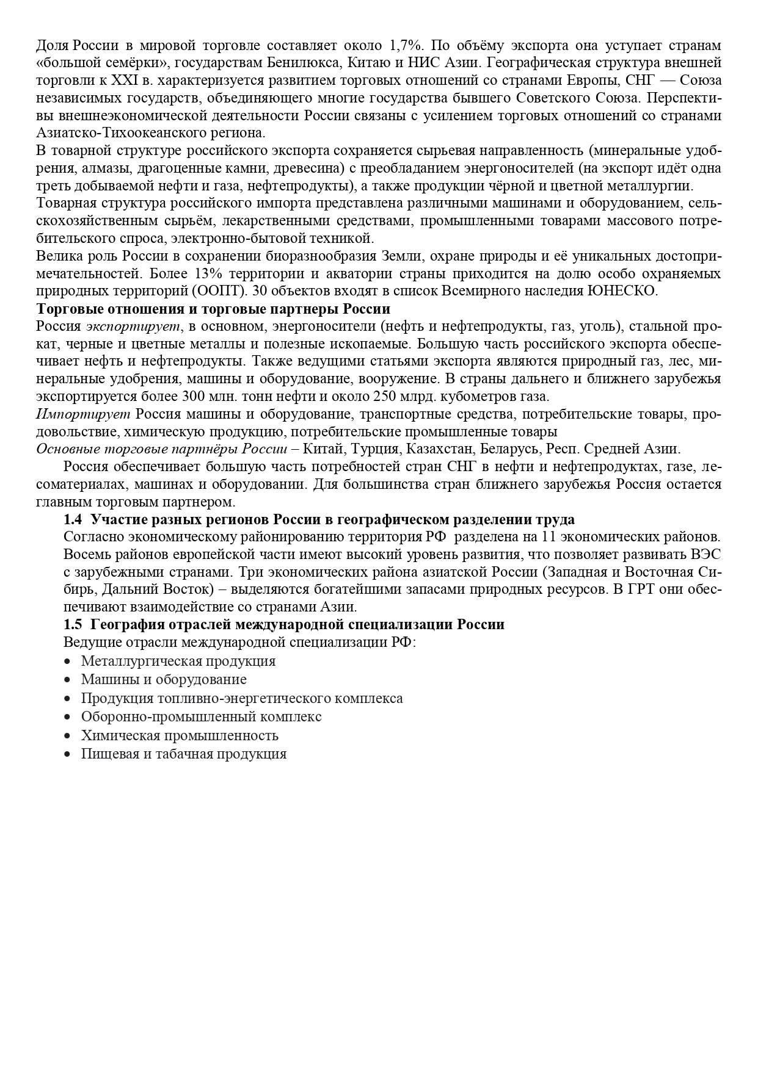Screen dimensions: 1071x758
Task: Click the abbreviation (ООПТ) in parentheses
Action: (x=218, y=290)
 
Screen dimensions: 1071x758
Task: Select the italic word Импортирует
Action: (x=84, y=414)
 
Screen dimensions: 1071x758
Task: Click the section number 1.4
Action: (x=73, y=520)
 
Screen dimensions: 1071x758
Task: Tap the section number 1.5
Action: (x=73, y=625)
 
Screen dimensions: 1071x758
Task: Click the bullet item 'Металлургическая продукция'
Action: (x=178, y=661)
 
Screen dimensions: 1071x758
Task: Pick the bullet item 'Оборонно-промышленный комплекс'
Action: (x=202, y=716)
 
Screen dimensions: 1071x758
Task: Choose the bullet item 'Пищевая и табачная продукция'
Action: (x=184, y=754)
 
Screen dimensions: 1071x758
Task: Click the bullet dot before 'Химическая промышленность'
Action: (x=68, y=736)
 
